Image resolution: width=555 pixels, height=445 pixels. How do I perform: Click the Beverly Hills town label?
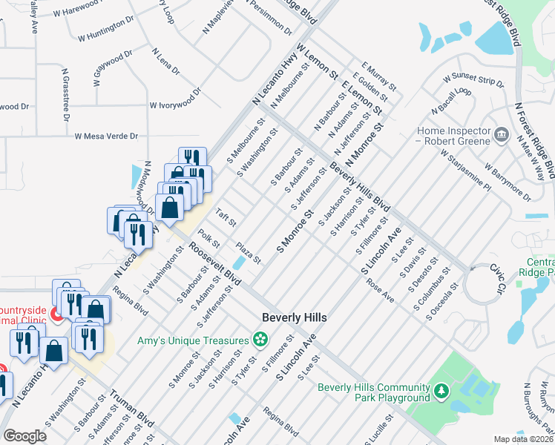pyautogui.click(x=295, y=317)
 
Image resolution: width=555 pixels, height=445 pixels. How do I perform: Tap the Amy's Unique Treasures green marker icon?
pyautogui.click(x=260, y=340)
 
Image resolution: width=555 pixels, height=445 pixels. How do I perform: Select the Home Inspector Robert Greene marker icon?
pyautogui.click(x=502, y=134)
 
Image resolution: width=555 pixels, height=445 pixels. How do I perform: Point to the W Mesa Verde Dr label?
pyautogui.click(x=107, y=136)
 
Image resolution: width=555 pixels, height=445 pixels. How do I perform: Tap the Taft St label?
pyautogui.click(x=226, y=218)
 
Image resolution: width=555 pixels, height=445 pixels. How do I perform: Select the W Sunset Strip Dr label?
pyautogui.click(x=473, y=79)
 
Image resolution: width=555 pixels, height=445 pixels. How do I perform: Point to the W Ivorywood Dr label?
pyautogui.click(x=175, y=100)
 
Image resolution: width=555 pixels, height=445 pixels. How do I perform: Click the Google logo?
pyautogui.click(x=24, y=437)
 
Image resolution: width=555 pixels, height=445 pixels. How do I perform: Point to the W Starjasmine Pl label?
pyautogui.click(x=465, y=171)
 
